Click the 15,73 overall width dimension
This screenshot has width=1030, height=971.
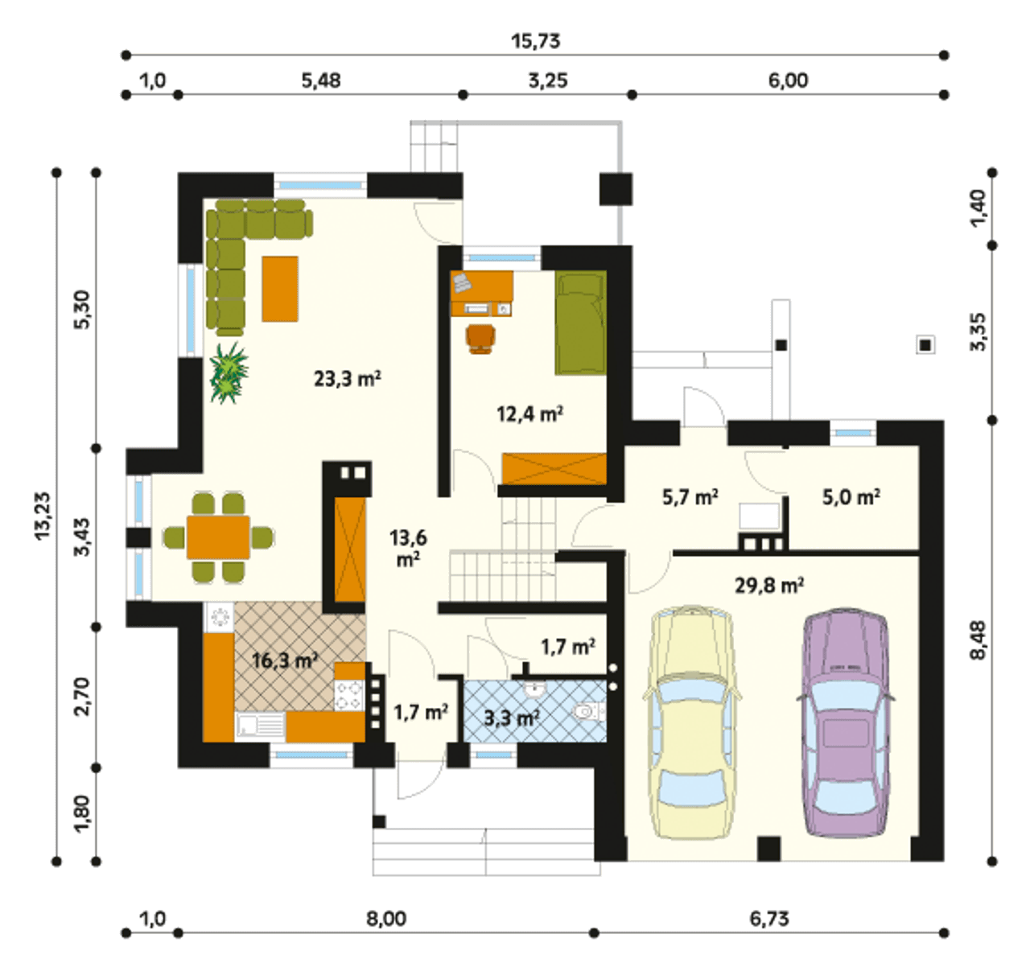pyautogui.click(x=536, y=41)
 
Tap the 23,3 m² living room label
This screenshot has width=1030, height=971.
pyautogui.click(x=348, y=379)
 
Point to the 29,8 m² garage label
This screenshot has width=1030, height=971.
pyautogui.click(x=769, y=585)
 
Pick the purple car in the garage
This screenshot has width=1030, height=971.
pyautogui.click(x=846, y=723)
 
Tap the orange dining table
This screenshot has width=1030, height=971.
pyautogui.click(x=218, y=537)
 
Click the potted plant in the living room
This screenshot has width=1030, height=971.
pyautogui.click(x=229, y=373)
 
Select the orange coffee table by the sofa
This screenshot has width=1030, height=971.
pyautogui.click(x=280, y=289)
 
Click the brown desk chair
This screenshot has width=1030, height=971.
pyautogui.click(x=481, y=338)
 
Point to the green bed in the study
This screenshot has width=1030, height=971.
pyautogui.click(x=581, y=322)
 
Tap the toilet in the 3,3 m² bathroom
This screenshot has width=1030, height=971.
pyautogui.click(x=590, y=712)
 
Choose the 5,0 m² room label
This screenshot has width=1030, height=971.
pyautogui.click(x=851, y=497)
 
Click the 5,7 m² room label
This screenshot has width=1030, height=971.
pyautogui.click(x=690, y=497)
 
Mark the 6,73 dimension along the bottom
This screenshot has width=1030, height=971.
pyautogui.click(x=769, y=919)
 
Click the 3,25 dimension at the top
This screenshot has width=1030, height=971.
pyautogui.click(x=548, y=81)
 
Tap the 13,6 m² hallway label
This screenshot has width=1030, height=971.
pyautogui.click(x=408, y=549)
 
